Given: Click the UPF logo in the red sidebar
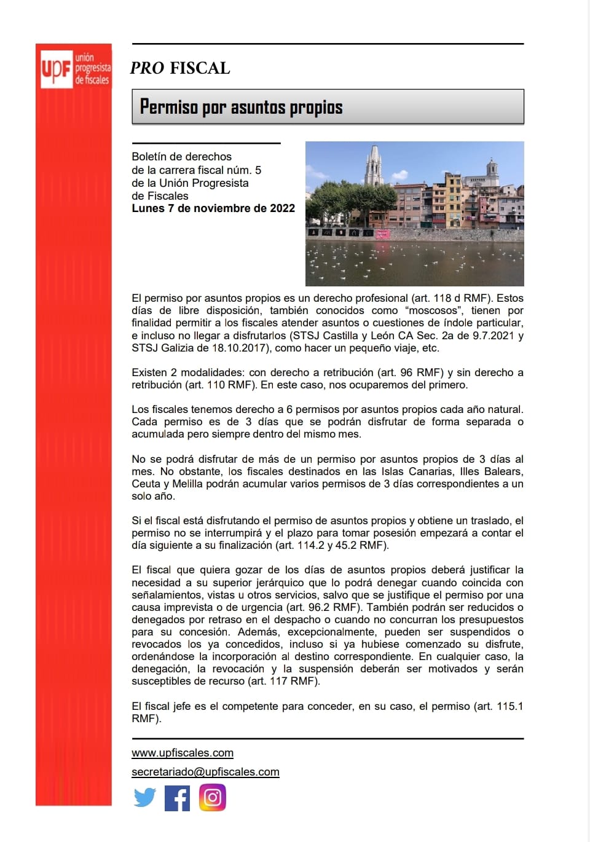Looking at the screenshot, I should tap(74, 68).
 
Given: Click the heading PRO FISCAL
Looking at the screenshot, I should tap(180, 68).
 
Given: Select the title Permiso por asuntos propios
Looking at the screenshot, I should tap(241, 107).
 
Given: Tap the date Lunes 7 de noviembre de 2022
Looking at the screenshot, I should tap(213, 208).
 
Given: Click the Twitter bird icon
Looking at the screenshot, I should tap(145, 798).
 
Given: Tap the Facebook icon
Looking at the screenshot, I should tap(178, 798).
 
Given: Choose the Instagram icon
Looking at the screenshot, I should tap(213, 798).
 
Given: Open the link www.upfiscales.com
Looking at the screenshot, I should tap(183, 753).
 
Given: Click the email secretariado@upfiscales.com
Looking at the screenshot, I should tap(205, 772).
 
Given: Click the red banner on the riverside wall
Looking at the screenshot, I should tap(382, 234).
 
